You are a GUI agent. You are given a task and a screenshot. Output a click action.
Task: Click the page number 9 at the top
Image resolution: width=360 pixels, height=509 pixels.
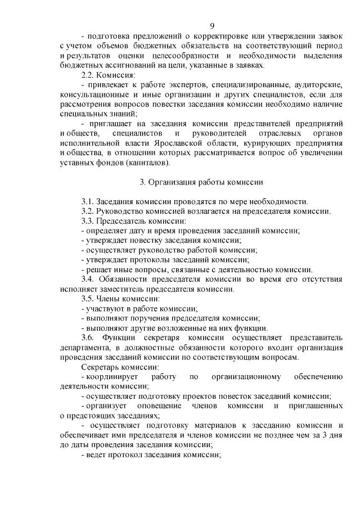pyautogui.click(x=212, y=26)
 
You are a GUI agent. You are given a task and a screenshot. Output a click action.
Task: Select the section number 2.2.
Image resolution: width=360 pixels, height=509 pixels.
pyautogui.click(x=88, y=75)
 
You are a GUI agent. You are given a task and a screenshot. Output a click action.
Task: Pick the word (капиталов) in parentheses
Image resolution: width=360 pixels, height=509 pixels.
pyautogui.click(x=143, y=163)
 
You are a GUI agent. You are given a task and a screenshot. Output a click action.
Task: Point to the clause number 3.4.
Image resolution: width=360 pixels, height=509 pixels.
pyautogui.click(x=88, y=280)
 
